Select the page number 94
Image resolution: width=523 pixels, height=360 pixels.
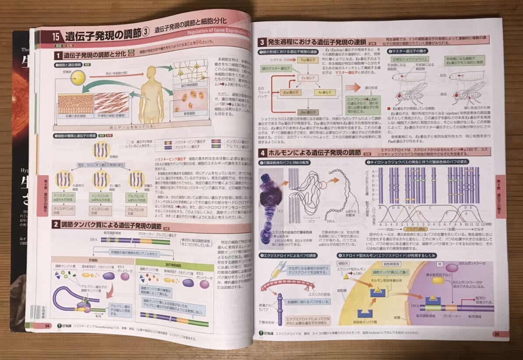pyautogui.click(x=47, y=326)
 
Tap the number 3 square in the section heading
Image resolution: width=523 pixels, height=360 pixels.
pyautogui.click(x=261, y=42)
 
